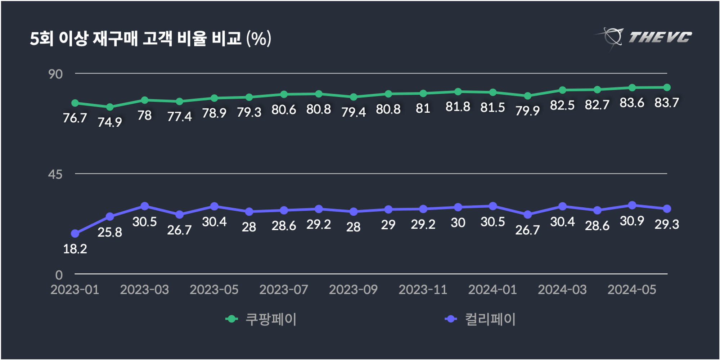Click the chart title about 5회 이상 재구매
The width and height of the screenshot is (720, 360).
click(150, 39)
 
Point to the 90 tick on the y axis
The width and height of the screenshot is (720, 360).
click(55, 74)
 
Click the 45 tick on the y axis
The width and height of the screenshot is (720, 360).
click(55, 175)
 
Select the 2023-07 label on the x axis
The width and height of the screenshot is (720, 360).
click(284, 290)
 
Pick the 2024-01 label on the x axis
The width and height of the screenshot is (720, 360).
click(492, 290)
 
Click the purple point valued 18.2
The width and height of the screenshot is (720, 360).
click(75, 234)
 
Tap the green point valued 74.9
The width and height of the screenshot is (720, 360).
click(110, 107)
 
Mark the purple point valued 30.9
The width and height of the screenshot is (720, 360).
click(632, 205)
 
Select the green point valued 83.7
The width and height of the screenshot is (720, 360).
click(667, 87)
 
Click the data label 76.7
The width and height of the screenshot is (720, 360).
click(75, 118)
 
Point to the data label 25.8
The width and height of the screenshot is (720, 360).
click(110, 233)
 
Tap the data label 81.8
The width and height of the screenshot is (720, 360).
click(458, 107)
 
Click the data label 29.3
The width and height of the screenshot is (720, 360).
click(667, 225)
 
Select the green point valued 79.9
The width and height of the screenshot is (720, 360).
click(528, 96)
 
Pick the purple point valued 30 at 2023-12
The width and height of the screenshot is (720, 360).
click(458, 207)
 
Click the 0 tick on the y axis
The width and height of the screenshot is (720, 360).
click(59, 275)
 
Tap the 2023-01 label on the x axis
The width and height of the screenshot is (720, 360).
click(75, 290)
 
